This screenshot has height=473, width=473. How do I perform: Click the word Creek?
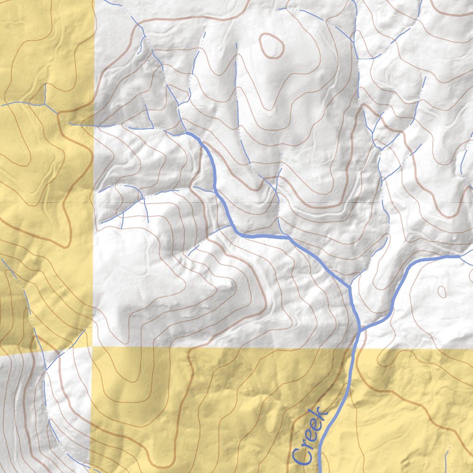pyautogui.click(x=310, y=437)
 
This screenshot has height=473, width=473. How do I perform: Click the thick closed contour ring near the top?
pyautogui.click(x=271, y=46)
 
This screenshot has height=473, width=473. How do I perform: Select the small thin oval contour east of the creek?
pyautogui.click(x=442, y=291)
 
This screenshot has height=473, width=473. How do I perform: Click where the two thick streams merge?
pyautogui.click(x=359, y=330)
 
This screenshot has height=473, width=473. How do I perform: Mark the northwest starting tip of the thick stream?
pyautogui.click(x=187, y=133)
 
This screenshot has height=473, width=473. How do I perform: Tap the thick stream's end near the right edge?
pyautogui.click(x=460, y=256)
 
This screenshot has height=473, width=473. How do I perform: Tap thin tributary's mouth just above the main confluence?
pyautogui.click(x=350, y=286)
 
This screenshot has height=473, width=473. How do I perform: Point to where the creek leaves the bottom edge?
pyautogui.click(x=319, y=471)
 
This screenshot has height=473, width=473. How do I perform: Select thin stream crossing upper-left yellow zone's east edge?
pyautogui.click(x=94, y=125)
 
